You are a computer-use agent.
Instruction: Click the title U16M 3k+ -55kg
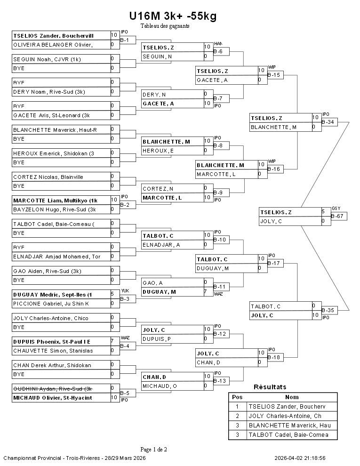click(x=173, y=16)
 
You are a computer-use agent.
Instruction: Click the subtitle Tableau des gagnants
click(x=165, y=26)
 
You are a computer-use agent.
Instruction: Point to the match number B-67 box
click(x=339, y=216)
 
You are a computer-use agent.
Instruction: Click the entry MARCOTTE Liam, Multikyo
click(x=55, y=200)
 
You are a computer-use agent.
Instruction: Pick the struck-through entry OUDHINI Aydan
click(x=52, y=388)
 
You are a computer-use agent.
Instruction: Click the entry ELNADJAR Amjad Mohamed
click(x=56, y=257)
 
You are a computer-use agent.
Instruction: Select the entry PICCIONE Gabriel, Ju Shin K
click(x=51, y=304)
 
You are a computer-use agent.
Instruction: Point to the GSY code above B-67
click(x=336, y=209)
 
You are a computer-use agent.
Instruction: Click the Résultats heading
click(x=270, y=387)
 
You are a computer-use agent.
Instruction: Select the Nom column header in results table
click(x=292, y=397)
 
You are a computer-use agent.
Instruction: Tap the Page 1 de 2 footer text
click(x=154, y=449)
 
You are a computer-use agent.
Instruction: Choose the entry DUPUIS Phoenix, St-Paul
click(x=52, y=341)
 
